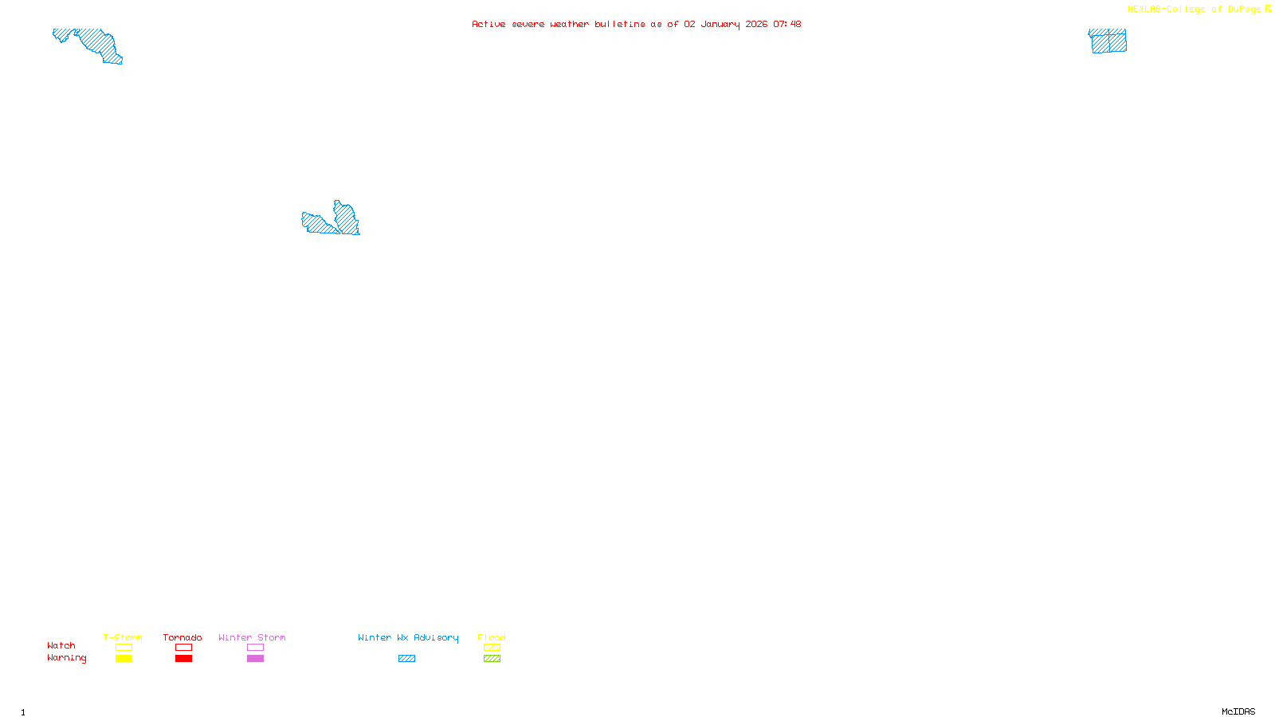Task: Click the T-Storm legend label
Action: point(123,637)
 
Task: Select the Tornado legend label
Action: point(182,637)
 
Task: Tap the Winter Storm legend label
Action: point(252,637)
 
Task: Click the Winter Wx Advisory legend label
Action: point(408,637)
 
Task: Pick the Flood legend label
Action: point(492,637)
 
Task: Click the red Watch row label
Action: point(61,645)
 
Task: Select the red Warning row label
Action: point(66,658)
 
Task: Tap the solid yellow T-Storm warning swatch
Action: point(124,659)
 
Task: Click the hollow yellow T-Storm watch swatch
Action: point(124,648)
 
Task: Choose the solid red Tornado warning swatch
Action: point(183,659)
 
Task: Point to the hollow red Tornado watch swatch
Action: point(183,648)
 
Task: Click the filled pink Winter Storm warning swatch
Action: point(255,659)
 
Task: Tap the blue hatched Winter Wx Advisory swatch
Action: point(406,659)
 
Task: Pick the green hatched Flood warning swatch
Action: point(492,659)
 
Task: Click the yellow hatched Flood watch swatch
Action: point(492,648)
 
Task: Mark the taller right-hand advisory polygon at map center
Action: point(347,218)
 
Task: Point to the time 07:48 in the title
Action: point(787,24)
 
